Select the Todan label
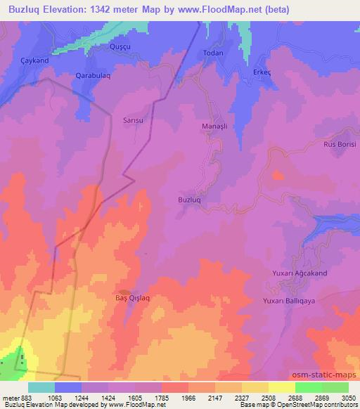point(212,53)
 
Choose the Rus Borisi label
point(340,144)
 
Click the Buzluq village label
point(190,200)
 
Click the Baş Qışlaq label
point(133,298)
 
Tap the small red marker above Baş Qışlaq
point(124,291)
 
